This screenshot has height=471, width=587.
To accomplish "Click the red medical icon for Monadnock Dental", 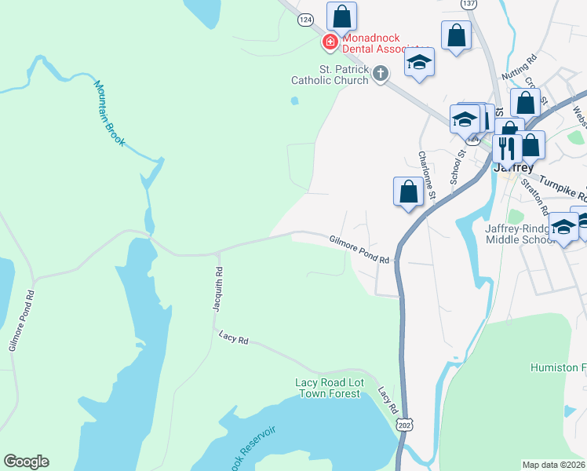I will pyautogui.click(x=330, y=42).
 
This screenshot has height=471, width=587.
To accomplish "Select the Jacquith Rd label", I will pyautogui.click(x=218, y=290).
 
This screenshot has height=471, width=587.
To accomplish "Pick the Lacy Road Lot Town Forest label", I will pyautogui.click(x=328, y=388).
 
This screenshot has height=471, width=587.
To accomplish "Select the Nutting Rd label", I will pyautogui.click(x=520, y=64).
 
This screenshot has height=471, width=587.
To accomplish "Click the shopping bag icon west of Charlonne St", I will pyautogui.click(x=408, y=192).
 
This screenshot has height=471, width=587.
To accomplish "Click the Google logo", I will pyautogui.click(x=26, y=462).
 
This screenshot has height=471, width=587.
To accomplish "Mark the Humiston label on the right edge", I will pyautogui.click(x=558, y=367).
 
